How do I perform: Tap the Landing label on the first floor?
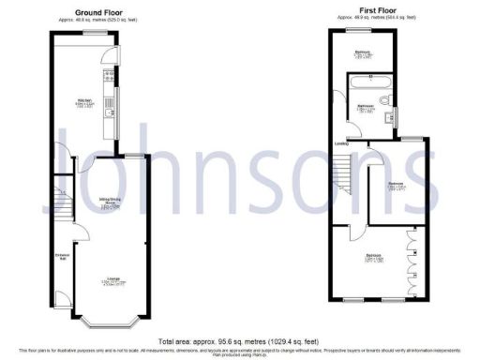click(x=341, y=144)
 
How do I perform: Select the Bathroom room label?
click(x=365, y=107)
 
